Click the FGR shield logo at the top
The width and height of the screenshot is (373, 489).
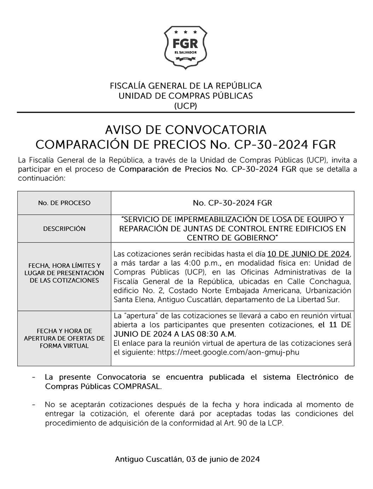[186, 47]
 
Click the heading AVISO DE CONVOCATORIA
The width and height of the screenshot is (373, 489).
[186, 130]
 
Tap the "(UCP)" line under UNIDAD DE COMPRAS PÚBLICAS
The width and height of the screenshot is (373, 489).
[186, 106]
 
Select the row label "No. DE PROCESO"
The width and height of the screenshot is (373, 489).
[64, 203]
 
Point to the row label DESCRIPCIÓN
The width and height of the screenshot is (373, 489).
[64, 229]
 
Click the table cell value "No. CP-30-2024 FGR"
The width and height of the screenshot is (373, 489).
[232, 203]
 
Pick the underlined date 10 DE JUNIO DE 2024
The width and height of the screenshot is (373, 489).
[309, 254]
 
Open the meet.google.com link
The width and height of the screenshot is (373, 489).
[228, 352]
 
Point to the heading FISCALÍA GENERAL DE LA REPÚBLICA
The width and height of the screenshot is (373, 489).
[186, 86]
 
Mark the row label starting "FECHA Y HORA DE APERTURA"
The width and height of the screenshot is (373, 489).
[64, 338]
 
